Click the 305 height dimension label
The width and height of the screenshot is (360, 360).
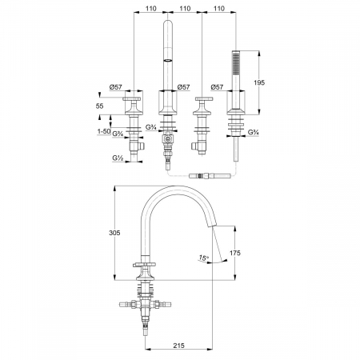pyautogui.click(x=114, y=233)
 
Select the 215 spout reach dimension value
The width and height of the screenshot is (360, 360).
pyautogui.click(x=178, y=346)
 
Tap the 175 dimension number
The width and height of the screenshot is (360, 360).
pyautogui.click(x=235, y=253)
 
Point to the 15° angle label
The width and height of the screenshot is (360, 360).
pyautogui.click(x=203, y=258)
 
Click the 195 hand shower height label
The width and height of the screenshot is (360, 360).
pyautogui.click(x=259, y=82)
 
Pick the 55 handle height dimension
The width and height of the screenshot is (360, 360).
pyautogui.click(x=99, y=106)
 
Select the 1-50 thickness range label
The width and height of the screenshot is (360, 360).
pyautogui.click(x=104, y=131)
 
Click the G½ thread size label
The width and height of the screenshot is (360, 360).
pyautogui.click(x=118, y=158)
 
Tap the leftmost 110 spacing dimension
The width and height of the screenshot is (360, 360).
pyautogui.click(x=151, y=9)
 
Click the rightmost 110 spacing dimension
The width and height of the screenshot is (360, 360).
pyautogui.click(x=219, y=9)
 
